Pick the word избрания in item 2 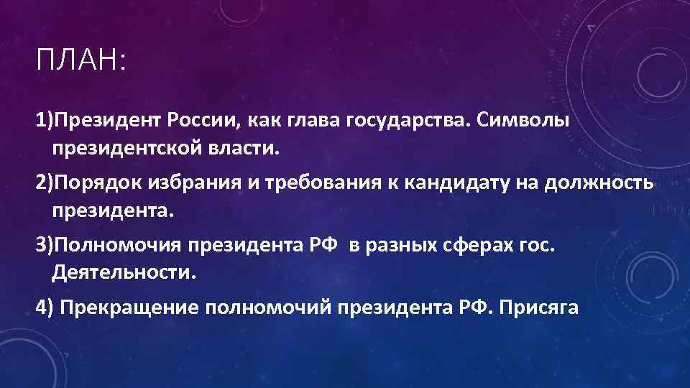[193, 183]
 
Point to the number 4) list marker [45, 307]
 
